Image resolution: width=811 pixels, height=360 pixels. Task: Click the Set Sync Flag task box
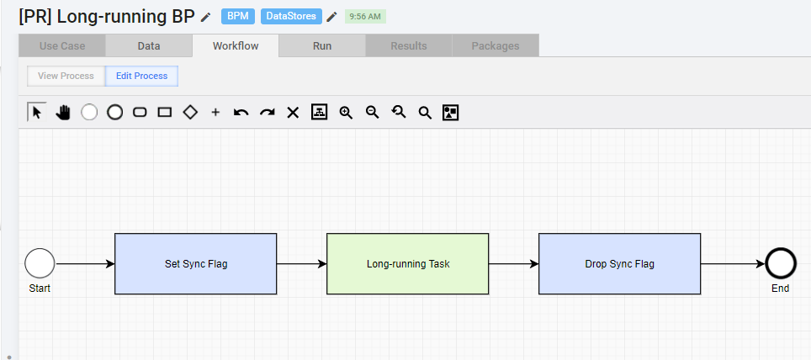pos(195,264)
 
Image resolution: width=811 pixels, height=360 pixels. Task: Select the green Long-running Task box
pos(407,264)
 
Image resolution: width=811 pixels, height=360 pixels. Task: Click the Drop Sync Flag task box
pos(620,264)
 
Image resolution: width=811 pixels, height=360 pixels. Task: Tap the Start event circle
pos(40,263)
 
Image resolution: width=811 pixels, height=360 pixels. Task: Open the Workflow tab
pos(236,45)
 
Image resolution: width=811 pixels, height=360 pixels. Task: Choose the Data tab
pos(148,45)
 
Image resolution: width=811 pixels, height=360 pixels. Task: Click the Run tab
pos(321,45)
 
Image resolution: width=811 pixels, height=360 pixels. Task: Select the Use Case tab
pos(62,45)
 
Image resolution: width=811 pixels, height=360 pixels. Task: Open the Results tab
pos(409,45)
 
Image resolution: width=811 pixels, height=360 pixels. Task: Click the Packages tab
pos(496,45)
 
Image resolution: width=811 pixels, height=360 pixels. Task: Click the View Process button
pos(66,76)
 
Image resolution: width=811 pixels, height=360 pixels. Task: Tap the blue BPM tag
pos(238,16)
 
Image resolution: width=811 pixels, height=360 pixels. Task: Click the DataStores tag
pos(291,16)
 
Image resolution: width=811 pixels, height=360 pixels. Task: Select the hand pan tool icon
pos(62,112)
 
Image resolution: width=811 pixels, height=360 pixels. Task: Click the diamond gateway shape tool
pos(190,112)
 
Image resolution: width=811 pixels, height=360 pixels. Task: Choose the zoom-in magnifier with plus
pos(346,112)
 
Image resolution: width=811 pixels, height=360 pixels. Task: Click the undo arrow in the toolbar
pos(241,112)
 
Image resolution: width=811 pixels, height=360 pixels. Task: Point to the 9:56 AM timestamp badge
pos(365,17)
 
